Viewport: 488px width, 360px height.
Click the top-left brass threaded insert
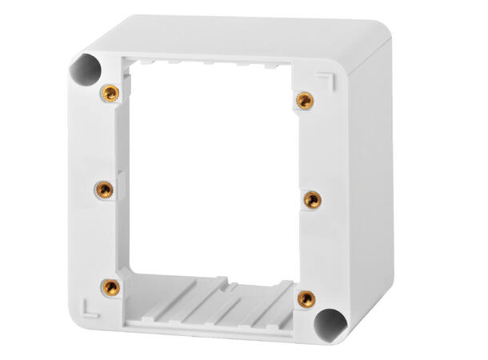pyautogui.click(x=112, y=94)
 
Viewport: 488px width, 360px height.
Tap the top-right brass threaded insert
pyautogui.click(x=303, y=100)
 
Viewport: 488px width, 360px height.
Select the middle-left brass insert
pyautogui.click(x=105, y=190)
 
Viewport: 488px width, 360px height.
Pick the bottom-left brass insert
pyautogui.click(x=111, y=286)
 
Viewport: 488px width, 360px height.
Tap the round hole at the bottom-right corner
pyautogui.click(x=330, y=322)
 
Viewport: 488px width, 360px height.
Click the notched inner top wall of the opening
pyautogui.click(x=216, y=62)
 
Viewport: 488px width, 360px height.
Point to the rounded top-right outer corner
pyautogui.click(x=382, y=36)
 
